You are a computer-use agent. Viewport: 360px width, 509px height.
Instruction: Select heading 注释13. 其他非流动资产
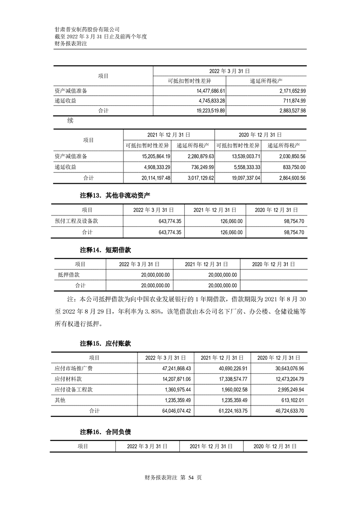coord(115,196)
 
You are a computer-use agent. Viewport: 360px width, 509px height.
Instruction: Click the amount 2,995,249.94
coord(286,390)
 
